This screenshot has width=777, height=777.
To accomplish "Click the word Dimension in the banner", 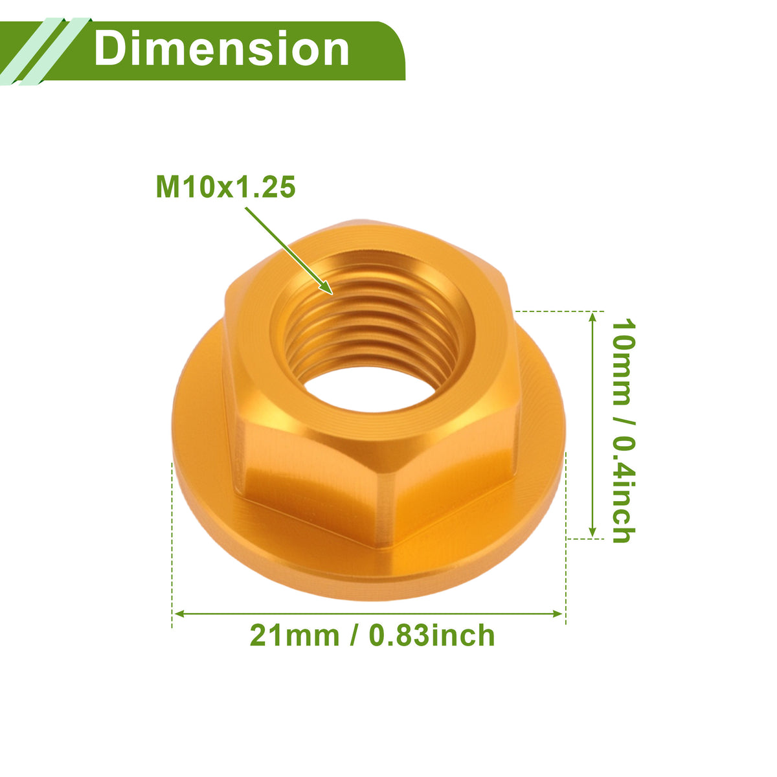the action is [x=221, y=49].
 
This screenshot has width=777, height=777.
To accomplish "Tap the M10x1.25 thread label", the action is [x=226, y=186].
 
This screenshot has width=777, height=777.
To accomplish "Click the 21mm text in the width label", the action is [x=295, y=635].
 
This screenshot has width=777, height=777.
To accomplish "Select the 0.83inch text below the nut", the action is [x=431, y=635].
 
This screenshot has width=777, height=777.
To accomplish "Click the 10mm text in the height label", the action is [x=624, y=362].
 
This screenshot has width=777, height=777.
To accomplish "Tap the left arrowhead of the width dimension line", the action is [x=179, y=614].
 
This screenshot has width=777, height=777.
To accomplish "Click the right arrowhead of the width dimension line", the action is [x=558, y=614].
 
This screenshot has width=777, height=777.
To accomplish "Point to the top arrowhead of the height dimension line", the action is [x=592, y=317].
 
